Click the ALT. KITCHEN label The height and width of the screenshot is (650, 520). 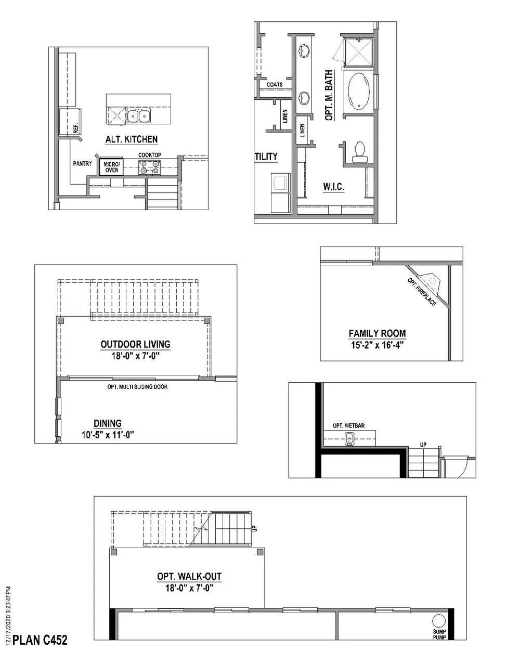click(132, 139)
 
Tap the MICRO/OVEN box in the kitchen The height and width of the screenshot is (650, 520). click(111, 167)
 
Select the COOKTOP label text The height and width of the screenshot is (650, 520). click(150, 155)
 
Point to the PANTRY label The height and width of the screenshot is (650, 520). click(82, 163)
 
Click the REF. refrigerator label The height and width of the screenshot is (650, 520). click(75, 128)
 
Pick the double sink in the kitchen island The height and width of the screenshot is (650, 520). click(139, 115)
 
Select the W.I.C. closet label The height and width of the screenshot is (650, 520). click(333, 187)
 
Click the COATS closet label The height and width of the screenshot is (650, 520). click(275, 84)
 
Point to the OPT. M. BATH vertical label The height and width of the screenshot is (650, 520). click(329, 96)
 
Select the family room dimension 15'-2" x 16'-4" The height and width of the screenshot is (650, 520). click(377, 344)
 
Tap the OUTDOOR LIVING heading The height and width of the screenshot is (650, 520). click(135, 344)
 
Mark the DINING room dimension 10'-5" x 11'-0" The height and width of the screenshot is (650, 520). click(108, 435)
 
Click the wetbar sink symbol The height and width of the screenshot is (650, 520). click(350, 439)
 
